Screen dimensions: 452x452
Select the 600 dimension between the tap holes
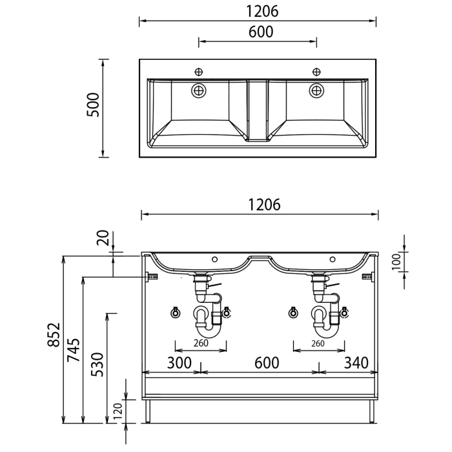click(258, 32)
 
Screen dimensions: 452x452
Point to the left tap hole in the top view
click(199, 71)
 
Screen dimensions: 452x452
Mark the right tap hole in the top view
click(316, 71)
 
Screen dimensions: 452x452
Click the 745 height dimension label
click(75, 350)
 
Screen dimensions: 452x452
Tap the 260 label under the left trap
click(201, 344)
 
